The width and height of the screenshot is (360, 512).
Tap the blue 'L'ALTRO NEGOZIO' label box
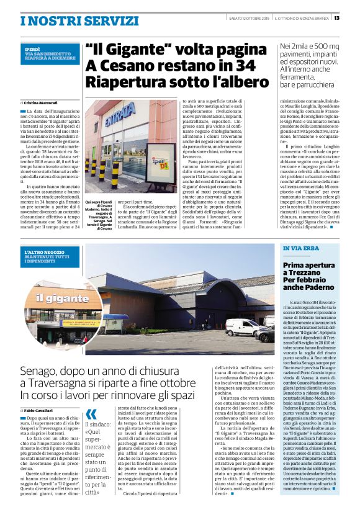pos(50,255)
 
